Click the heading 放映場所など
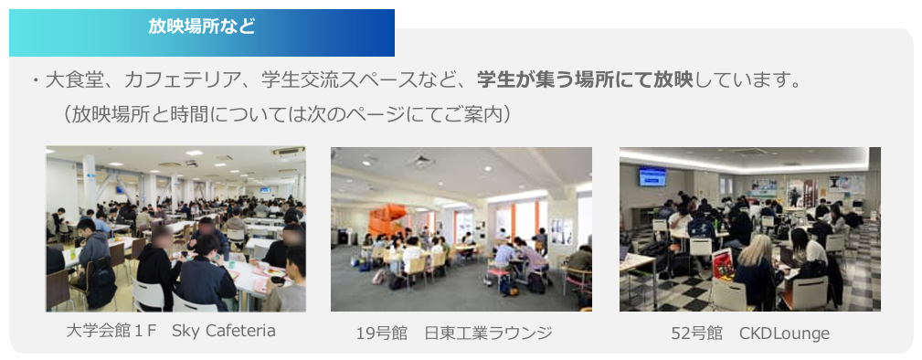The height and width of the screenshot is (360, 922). (201, 27)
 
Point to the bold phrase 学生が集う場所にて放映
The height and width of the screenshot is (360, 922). (585, 80)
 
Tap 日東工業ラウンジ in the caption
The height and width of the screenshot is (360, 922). (488, 334)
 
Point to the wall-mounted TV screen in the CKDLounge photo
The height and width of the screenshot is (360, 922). (652, 176)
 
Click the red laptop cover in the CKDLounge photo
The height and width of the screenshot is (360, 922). (723, 264)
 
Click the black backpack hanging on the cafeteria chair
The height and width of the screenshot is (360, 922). (100, 283)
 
